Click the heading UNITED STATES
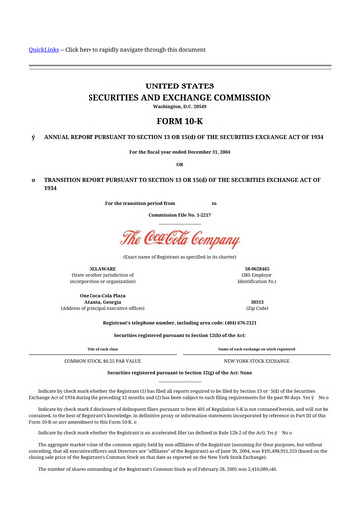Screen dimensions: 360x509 click(x=179, y=87)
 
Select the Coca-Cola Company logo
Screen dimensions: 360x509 click(x=179, y=239)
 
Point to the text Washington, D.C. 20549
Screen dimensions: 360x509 click(x=179, y=107)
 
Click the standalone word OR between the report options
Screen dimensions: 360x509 click(x=179, y=165)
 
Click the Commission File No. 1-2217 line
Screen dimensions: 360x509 click(x=179, y=214)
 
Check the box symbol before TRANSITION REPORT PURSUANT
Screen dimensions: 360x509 click(x=34, y=180)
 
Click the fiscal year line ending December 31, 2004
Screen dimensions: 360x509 click(x=179, y=152)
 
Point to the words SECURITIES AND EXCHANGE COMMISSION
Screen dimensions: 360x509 click(x=179, y=98)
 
